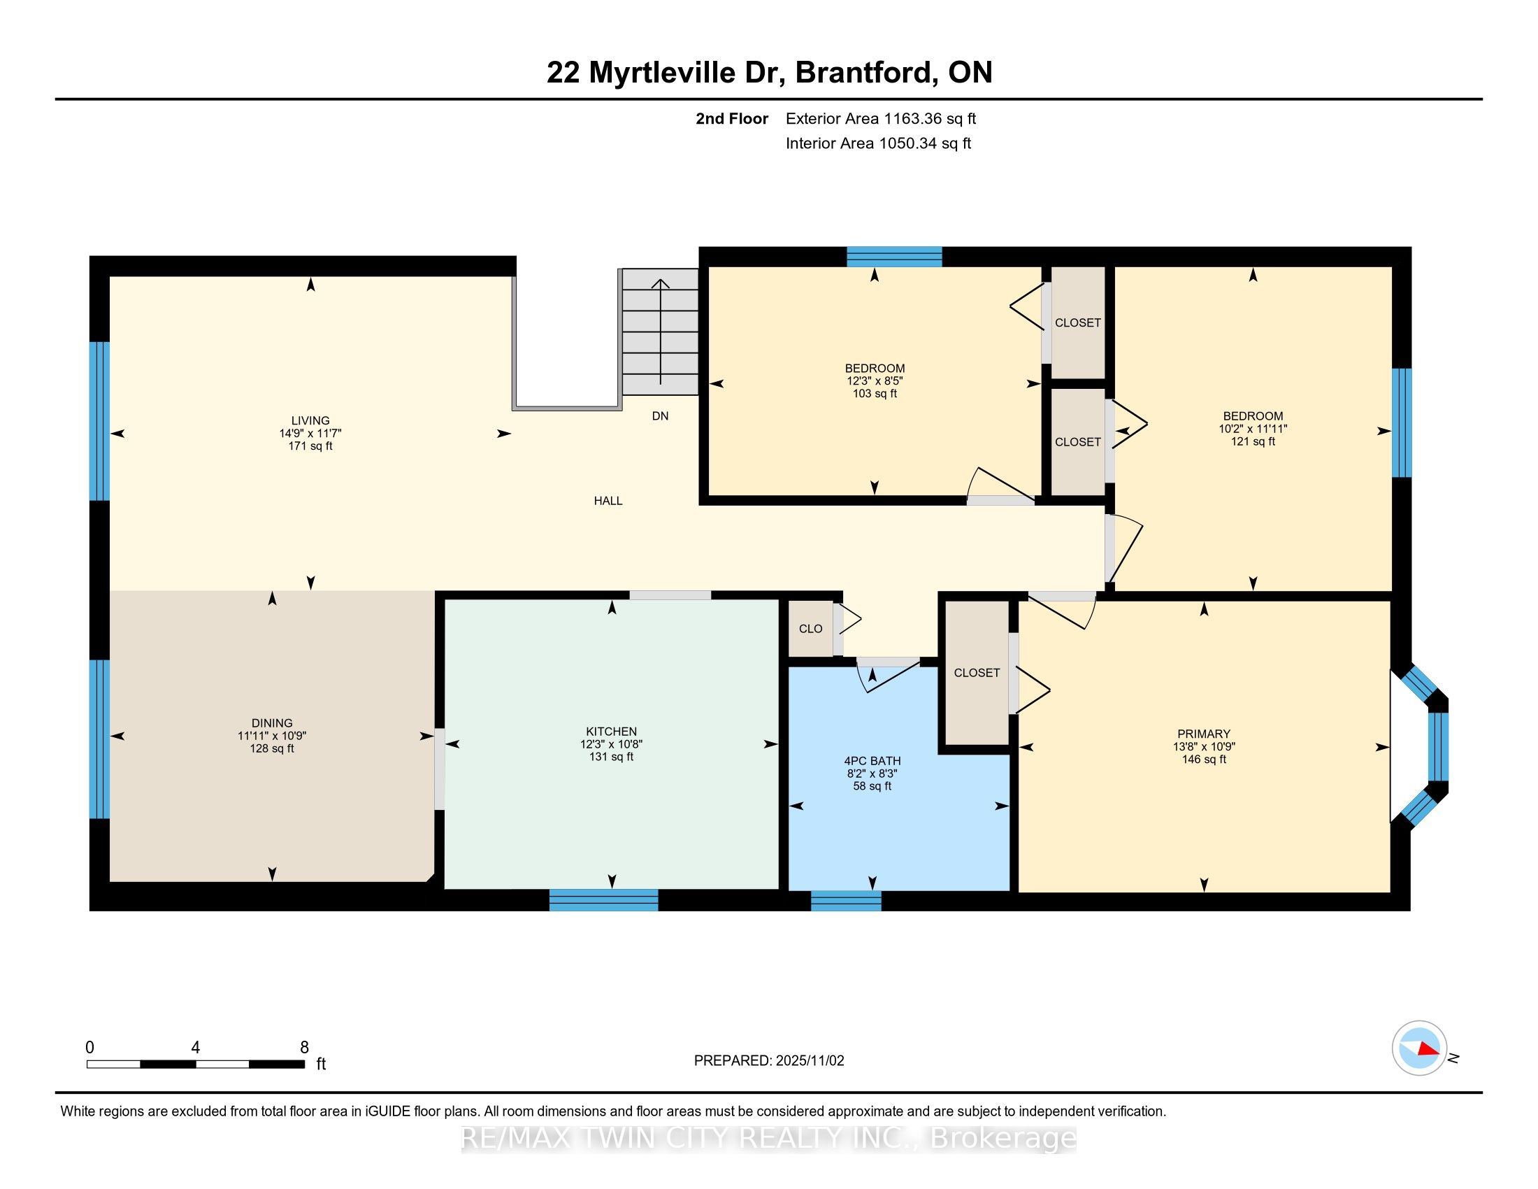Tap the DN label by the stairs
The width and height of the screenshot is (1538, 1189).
pos(660,415)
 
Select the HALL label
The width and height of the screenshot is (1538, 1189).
pos(608,501)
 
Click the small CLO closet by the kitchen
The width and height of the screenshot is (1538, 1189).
pos(810,628)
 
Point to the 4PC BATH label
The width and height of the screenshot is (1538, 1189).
pos(872,761)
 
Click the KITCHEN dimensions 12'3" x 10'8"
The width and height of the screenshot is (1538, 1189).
pos(611,744)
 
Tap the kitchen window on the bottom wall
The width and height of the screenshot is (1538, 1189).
pos(603,899)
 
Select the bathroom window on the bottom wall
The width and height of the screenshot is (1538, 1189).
pos(846,900)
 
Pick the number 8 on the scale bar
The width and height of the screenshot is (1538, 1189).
pos(304,1048)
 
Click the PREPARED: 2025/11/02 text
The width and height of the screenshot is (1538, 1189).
pos(768,1061)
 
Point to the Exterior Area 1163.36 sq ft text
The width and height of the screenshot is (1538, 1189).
pos(880,119)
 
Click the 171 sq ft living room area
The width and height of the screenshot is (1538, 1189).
pos(310,447)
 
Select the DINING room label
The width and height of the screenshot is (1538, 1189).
pos(272,722)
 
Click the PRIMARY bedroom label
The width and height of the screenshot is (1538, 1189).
pos(1204,733)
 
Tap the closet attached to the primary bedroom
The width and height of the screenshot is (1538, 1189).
pos(977,673)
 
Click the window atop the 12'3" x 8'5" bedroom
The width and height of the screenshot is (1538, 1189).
pos(893,257)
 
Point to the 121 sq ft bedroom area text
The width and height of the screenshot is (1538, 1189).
pos(1253,441)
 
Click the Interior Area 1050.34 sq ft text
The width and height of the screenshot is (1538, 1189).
pos(878,143)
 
